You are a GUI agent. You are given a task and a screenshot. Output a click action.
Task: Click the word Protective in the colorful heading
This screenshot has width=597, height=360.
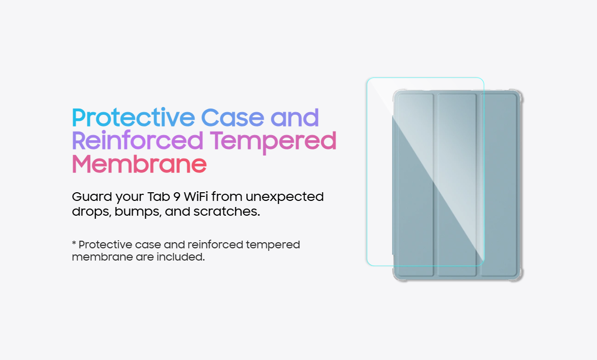(133, 118)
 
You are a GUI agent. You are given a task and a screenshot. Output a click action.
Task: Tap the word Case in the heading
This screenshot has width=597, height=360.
(232, 118)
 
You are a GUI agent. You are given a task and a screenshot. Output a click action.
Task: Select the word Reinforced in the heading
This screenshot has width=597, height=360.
(138, 141)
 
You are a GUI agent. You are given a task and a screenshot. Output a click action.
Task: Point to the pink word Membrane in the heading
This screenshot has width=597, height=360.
(139, 164)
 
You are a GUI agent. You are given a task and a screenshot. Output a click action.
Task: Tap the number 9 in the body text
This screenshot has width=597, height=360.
(177, 197)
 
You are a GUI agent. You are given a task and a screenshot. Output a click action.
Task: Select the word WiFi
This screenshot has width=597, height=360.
(196, 196)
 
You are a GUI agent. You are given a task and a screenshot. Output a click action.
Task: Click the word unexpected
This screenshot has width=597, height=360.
(285, 197)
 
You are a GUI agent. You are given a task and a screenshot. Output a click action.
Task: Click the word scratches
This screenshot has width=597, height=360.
(226, 212)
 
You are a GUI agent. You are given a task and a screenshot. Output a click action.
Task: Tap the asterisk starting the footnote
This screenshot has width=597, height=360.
(74, 243)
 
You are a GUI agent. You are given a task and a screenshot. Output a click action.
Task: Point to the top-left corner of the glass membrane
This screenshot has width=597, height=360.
(368, 79)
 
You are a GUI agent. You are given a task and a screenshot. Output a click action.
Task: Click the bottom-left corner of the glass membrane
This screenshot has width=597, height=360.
(368, 264)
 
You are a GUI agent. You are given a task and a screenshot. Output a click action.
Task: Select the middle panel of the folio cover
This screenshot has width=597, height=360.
(457, 185)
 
